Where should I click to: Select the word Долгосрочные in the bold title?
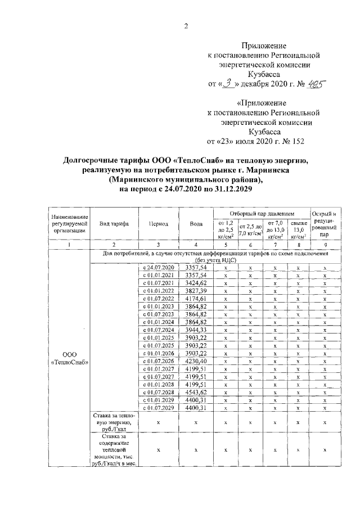[x=92, y=161]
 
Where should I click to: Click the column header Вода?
[x=196, y=224]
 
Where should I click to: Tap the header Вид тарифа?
[x=114, y=224]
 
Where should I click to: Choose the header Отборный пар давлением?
[x=262, y=214]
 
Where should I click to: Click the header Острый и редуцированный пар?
[x=325, y=224]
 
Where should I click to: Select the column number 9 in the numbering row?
[x=325, y=245]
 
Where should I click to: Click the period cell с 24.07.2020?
[x=159, y=268]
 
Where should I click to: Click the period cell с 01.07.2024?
[x=159, y=330]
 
